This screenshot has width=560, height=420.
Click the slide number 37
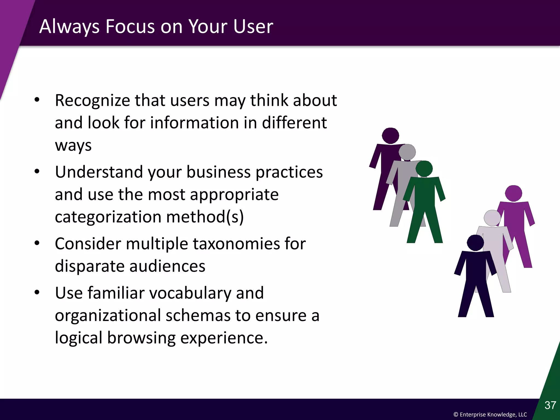click(x=550, y=405)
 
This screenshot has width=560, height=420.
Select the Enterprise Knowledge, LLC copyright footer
click(x=490, y=415)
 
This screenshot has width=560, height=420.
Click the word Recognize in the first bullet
click(x=92, y=101)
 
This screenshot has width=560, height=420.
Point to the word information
click(x=194, y=123)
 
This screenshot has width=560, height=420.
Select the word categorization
click(x=108, y=217)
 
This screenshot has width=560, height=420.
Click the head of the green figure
click(x=424, y=169)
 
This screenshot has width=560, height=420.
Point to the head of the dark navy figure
click(x=475, y=243)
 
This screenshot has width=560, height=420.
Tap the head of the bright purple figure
click(x=514, y=193)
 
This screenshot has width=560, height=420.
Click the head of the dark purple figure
click(x=390, y=136)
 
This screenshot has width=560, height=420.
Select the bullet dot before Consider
click(x=37, y=243)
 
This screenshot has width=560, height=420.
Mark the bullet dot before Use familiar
click(x=37, y=293)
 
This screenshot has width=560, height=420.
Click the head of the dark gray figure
click(x=407, y=152)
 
